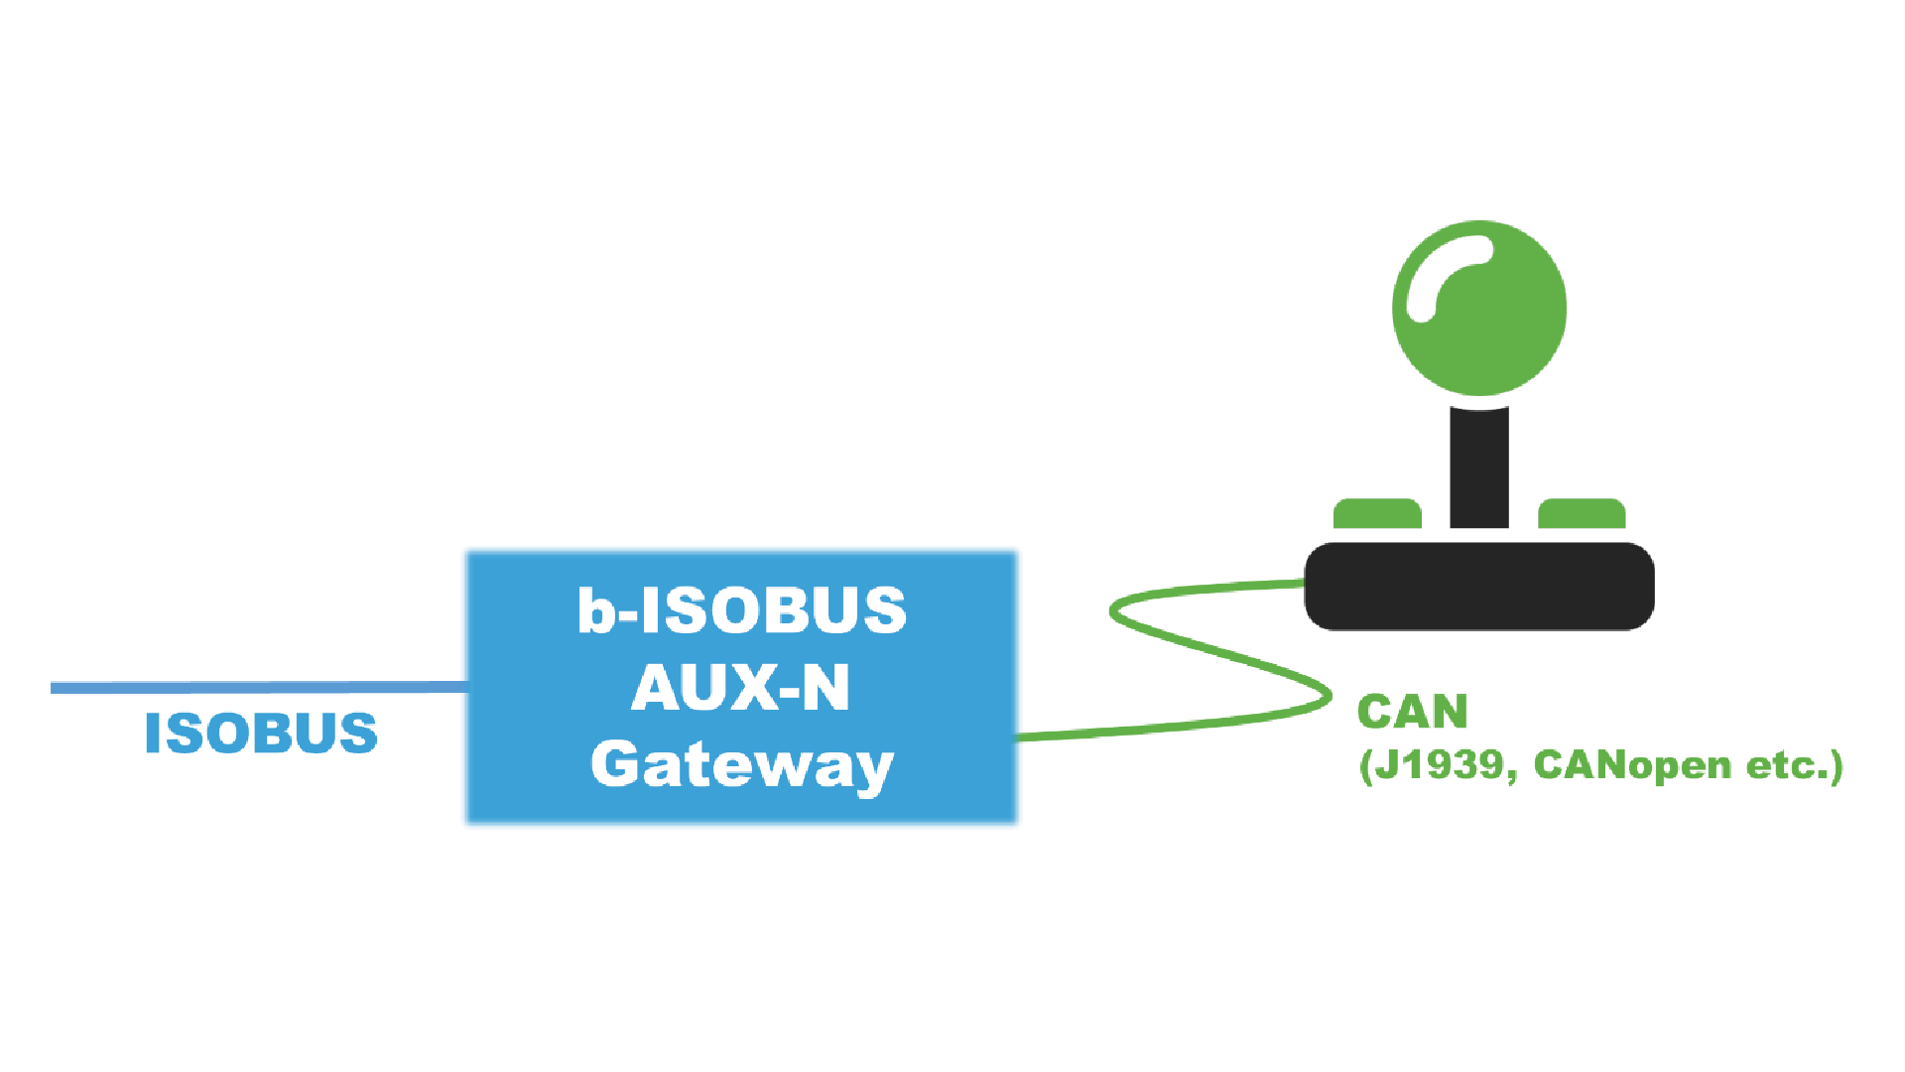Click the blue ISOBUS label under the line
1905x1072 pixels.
tap(261, 734)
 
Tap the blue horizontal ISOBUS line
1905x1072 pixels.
tap(258, 687)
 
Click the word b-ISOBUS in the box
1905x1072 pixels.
tap(742, 609)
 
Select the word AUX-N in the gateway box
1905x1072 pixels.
tap(741, 687)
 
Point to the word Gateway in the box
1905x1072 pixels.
tap(742, 766)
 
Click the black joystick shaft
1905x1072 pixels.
tap(1478, 467)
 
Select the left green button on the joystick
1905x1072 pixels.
tap(1377, 514)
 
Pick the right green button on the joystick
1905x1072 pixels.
tap(1582, 514)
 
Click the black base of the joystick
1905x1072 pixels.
tap(1478, 586)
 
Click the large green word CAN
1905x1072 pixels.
tap(1412, 712)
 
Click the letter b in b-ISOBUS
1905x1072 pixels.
tap(596, 609)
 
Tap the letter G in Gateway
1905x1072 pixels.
tap(615, 764)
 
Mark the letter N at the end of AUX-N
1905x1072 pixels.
tap(825, 687)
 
